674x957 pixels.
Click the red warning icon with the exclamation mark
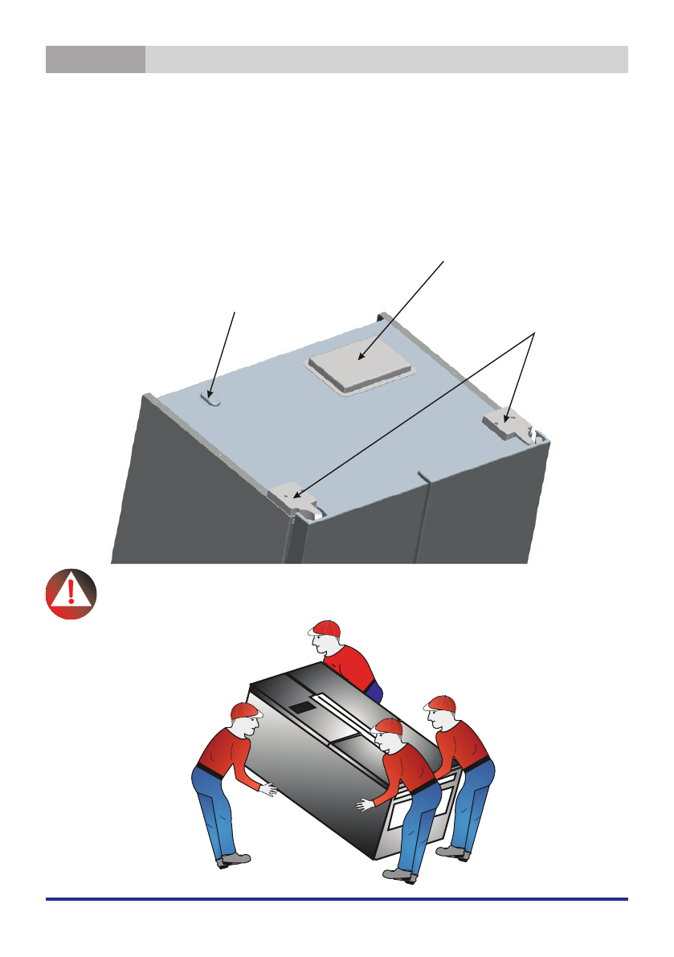click(x=71, y=595)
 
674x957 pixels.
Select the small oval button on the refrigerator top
click(x=211, y=399)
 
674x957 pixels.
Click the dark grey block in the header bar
click(x=96, y=59)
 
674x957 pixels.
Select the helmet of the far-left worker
click(x=245, y=710)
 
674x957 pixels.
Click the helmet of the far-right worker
click(x=442, y=703)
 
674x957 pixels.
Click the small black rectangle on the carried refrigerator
click(x=304, y=709)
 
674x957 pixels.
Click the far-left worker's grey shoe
click(x=234, y=861)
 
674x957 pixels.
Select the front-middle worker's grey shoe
click(x=400, y=874)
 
